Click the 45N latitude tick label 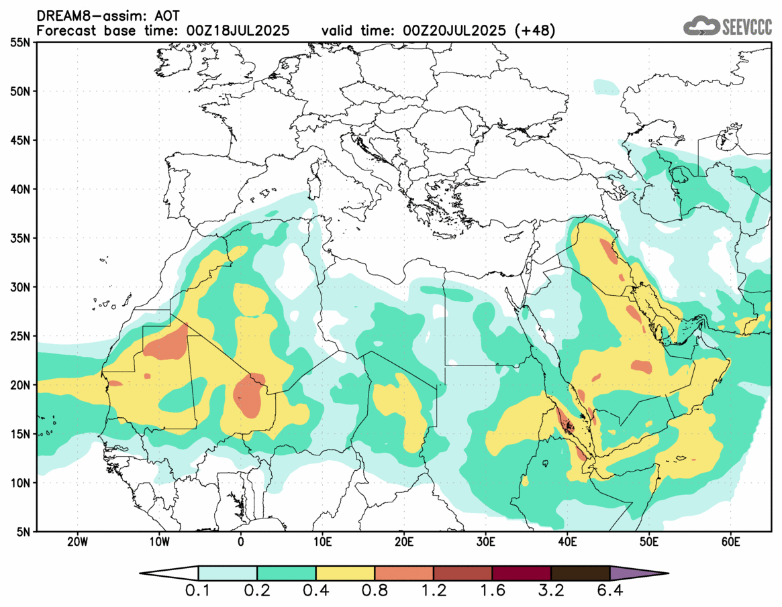click(x=21, y=140)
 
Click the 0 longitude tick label click(x=240, y=542)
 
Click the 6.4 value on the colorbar click(x=610, y=592)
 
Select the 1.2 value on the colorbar click(x=434, y=592)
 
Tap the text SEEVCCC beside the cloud click(x=747, y=27)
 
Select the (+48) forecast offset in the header click(x=534, y=31)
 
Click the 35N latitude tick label click(x=21, y=238)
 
